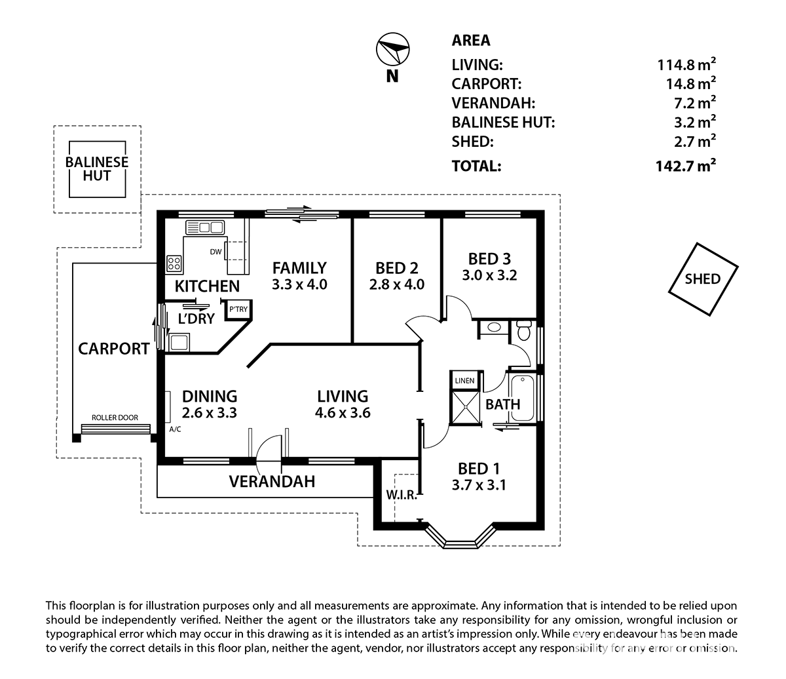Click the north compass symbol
pyautogui.click(x=392, y=49)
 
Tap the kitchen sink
pyautogui.click(x=204, y=227)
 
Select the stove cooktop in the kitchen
pyautogui.click(x=174, y=263)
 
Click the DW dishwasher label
pyautogui.click(x=215, y=252)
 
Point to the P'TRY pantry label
pyautogui.click(x=238, y=309)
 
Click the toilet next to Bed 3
pyautogui.click(x=524, y=330)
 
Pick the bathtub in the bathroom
pyautogui.click(x=522, y=398)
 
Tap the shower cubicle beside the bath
pyautogui.click(x=465, y=406)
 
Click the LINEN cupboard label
pyautogui.click(x=464, y=381)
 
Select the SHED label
pyautogui.click(x=703, y=279)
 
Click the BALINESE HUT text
pyautogui.click(x=97, y=169)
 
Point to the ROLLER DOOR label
pyautogui.click(x=115, y=417)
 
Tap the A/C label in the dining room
pyautogui.click(x=175, y=429)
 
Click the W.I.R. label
pyautogui.click(x=402, y=495)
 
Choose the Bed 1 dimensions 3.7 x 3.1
pyautogui.click(x=479, y=485)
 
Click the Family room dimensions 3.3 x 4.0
pyautogui.click(x=299, y=284)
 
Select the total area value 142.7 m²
pyautogui.click(x=686, y=166)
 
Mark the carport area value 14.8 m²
pyautogui.click(x=690, y=83)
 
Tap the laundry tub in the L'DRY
pyautogui.click(x=179, y=342)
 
